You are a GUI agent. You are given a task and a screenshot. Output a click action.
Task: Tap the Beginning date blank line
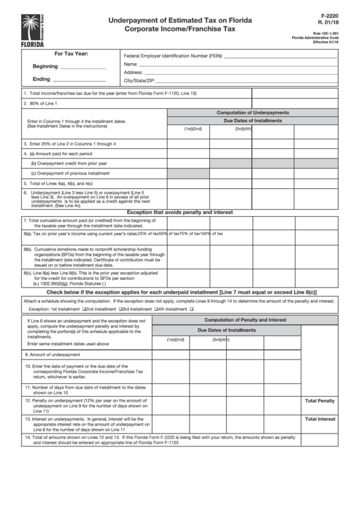click(83, 67)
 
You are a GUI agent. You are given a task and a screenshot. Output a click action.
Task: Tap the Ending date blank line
click(83, 80)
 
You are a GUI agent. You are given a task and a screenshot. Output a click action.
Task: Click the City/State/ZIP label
click(140, 80)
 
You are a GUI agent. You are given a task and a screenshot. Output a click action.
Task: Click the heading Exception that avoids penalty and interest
click(180, 212)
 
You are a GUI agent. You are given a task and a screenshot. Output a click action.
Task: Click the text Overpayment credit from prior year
click(69, 163)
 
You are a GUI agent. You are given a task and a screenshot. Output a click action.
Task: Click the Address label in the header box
click(133, 72)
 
